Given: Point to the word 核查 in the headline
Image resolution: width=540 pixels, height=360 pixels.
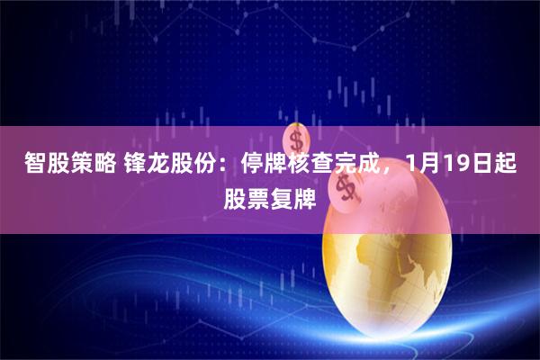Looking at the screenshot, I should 301,165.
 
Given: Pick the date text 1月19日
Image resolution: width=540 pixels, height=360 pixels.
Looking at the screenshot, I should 450,165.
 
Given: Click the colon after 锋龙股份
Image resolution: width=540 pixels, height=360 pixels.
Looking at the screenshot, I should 219,166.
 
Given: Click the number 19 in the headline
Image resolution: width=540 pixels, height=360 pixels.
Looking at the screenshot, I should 444,165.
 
